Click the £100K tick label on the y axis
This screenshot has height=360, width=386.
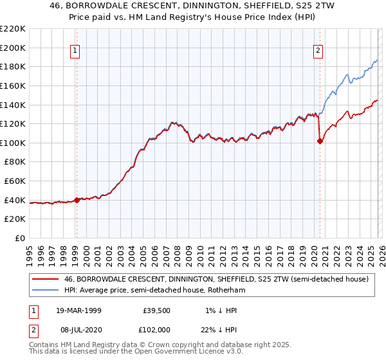click(12, 143)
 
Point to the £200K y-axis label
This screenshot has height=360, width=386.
click(12, 48)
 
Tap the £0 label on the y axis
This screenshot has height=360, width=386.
click(18, 238)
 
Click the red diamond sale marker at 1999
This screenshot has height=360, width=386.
click(77, 200)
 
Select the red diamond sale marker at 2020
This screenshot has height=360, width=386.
click(320, 141)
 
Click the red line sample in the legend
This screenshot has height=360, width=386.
click(46, 279)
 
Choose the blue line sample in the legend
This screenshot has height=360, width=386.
click(46, 290)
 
